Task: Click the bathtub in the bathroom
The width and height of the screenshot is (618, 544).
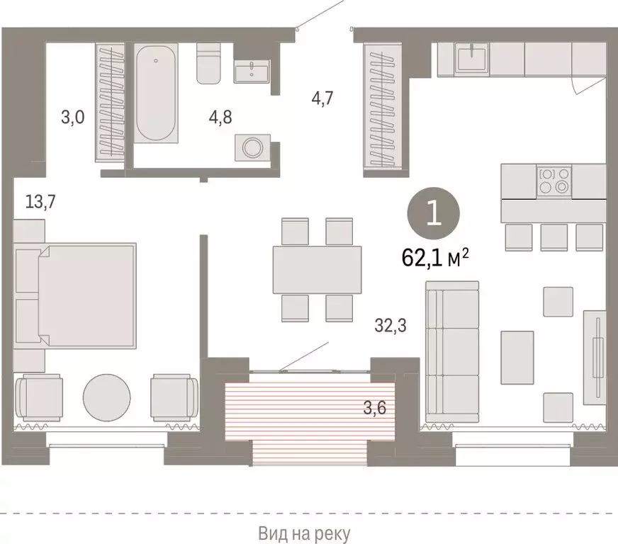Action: click(x=156, y=93)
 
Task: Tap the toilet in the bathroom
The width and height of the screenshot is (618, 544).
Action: click(x=209, y=63)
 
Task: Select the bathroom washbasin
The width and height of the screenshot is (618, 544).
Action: click(x=252, y=72)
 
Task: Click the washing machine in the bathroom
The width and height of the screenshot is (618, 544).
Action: click(x=252, y=148)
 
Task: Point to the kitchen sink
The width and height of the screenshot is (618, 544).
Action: click(x=472, y=58)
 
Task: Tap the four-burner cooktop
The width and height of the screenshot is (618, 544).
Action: click(x=554, y=181)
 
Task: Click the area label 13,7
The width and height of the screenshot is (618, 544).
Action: click(x=40, y=202)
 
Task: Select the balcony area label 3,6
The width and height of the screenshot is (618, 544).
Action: click(x=374, y=408)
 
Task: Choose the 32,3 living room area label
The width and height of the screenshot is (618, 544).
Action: click(x=391, y=326)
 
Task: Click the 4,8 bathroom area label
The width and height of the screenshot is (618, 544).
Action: click(x=220, y=118)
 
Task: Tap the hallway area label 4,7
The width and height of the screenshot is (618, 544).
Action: click(x=322, y=98)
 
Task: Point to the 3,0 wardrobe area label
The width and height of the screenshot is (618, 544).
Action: click(x=73, y=118)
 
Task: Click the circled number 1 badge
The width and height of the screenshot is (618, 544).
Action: click(x=434, y=213)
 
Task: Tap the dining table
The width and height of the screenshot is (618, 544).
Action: click(x=318, y=270)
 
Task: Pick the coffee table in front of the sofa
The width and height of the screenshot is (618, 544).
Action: click(x=517, y=357)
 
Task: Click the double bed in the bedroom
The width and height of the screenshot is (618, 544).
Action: click(x=87, y=295)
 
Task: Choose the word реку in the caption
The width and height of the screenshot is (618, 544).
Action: click(x=332, y=534)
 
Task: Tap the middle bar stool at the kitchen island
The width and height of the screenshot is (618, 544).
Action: click(x=554, y=237)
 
